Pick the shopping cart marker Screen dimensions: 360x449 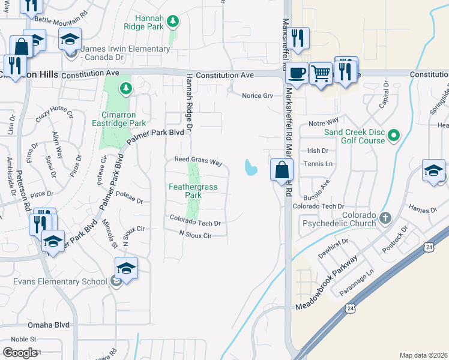[321, 74]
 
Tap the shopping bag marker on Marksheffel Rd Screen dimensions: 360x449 [282, 170]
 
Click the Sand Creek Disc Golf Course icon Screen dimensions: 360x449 [394, 136]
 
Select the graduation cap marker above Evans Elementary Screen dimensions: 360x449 [127, 268]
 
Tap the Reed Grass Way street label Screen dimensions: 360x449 [198, 162]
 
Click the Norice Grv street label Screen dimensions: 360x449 [258, 95]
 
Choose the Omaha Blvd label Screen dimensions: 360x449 [49, 325]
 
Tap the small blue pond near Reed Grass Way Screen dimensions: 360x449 [250, 167]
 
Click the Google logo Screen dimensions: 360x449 [20, 353]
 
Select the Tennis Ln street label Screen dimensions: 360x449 [318, 164]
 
